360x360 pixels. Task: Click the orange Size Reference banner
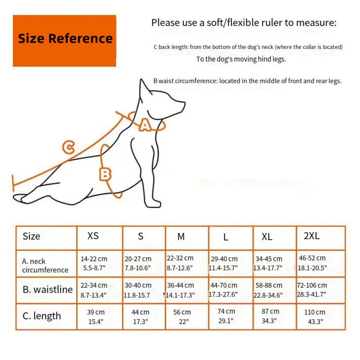pos(64,40)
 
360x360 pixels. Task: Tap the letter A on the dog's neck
pos(145,125)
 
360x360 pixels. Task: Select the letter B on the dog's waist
pos(105,174)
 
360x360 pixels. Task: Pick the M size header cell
pos(181,237)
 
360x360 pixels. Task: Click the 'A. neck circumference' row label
pos(45,266)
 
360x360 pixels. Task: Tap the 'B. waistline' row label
pos(48,289)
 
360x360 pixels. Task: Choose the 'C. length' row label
pos(42,316)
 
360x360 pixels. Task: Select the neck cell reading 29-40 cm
pos(224,263)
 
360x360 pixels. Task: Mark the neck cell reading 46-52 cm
pos(312,263)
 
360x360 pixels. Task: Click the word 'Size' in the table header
pos(31,236)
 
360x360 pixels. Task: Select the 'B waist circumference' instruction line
pos(247,81)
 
